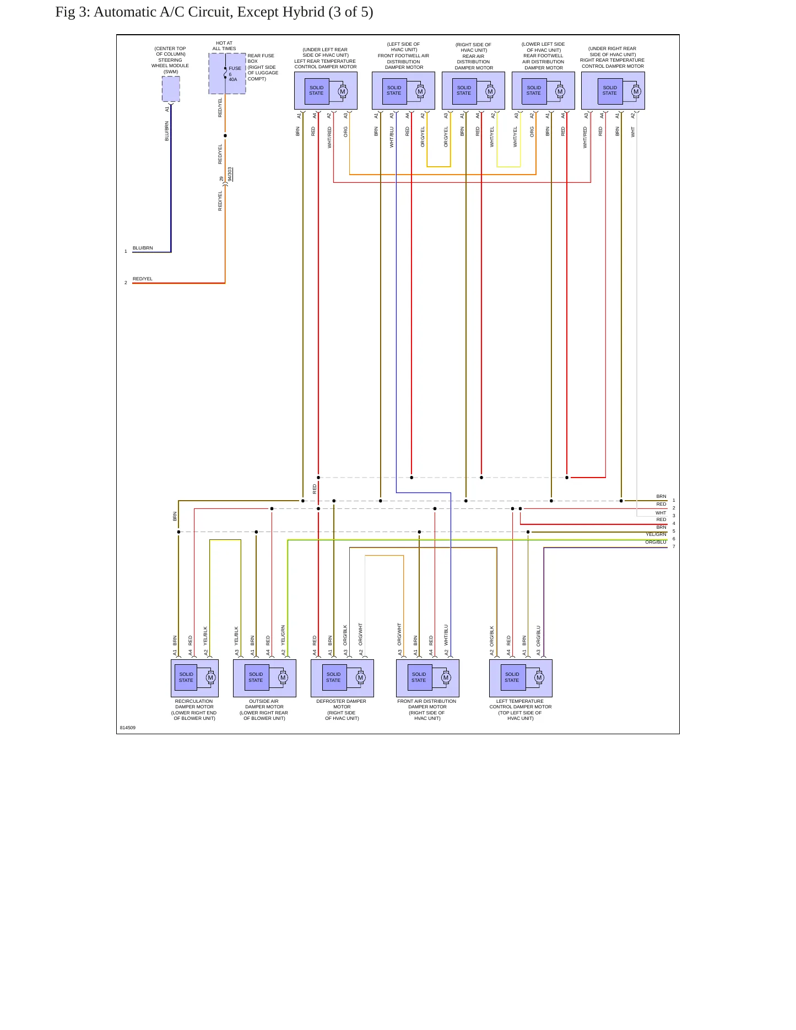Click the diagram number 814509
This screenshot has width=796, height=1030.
[127, 728]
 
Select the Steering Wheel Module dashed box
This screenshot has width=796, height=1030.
[171, 89]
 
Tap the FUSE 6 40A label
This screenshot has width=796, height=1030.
[234, 74]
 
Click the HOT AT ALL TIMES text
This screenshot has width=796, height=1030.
[224, 46]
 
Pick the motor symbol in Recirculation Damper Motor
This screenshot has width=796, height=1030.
[210, 678]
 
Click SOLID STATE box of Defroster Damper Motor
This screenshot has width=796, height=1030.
[333, 677]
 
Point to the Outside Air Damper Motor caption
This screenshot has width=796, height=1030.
[264, 709]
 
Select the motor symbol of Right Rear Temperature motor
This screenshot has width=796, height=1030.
[636, 92]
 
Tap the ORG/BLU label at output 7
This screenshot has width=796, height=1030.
[656, 542]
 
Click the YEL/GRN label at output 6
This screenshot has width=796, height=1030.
[656, 534]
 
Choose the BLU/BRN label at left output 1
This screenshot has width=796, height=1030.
[143, 248]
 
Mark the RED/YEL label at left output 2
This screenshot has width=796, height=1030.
[143, 279]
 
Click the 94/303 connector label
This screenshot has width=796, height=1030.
[230, 174]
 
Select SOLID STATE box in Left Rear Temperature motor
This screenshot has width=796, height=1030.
[316, 91]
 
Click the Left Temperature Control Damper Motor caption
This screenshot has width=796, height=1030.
[521, 709]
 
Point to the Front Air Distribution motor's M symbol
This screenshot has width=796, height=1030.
[446, 678]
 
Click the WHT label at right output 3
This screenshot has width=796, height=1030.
[660, 513]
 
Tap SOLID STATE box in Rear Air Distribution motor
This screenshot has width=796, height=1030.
[464, 91]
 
